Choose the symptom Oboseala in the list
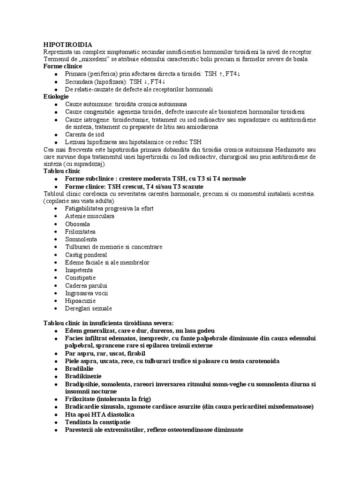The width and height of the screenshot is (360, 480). pyautogui.click(x=78, y=224)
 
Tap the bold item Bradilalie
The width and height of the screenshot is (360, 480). pyautogui.click(x=80, y=368)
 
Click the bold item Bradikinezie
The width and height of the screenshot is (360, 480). pyautogui.click(x=83, y=376)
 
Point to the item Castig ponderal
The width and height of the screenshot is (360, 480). pyautogui.click(x=86, y=255)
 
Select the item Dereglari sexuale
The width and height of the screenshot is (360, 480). pyautogui.click(x=89, y=308)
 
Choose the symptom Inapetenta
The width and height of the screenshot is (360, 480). pyautogui.click(x=79, y=270)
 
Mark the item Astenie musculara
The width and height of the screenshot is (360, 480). pyautogui.click(x=90, y=216)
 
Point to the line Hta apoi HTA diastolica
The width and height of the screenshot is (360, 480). pyautogui.click(x=100, y=414)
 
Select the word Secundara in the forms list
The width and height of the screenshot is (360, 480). pyautogui.click(x=80, y=82)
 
